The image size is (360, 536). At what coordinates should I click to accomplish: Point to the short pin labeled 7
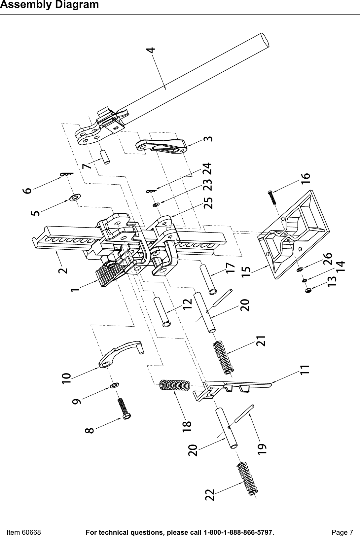pos(105,157)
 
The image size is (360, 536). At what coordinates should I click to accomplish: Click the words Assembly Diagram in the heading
pos(50,5)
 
